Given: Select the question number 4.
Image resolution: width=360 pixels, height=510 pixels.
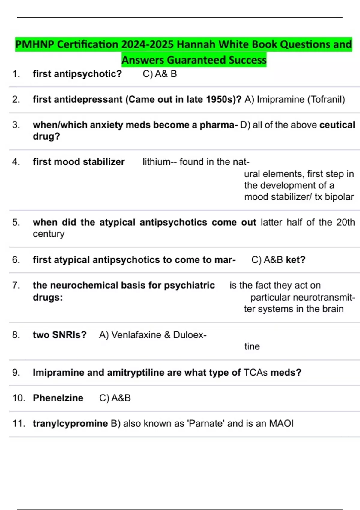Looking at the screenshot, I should pyautogui.click(x=16, y=162).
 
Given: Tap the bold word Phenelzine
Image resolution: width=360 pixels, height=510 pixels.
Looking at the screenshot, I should pyautogui.click(x=58, y=398).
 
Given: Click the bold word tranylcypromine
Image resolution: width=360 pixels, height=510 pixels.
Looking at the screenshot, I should pyautogui.click(x=70, y=423).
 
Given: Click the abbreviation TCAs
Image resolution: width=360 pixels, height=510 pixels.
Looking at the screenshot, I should pyautogui.click(x=256, y=372).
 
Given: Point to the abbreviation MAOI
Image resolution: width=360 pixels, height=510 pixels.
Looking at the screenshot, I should pyautogui.click(x=281, y=423).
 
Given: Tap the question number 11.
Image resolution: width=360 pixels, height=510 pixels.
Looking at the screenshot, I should pyautogui.click(x=19, y=423).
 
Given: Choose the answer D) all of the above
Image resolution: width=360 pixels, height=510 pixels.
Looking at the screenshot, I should pyautogui.click(x=278, y=125).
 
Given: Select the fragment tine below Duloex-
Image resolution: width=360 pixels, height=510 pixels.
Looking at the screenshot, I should pyautogui.click(x=252, y=346).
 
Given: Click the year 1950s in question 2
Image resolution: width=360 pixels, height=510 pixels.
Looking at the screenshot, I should pyautogui.click(x=222, y=99).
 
